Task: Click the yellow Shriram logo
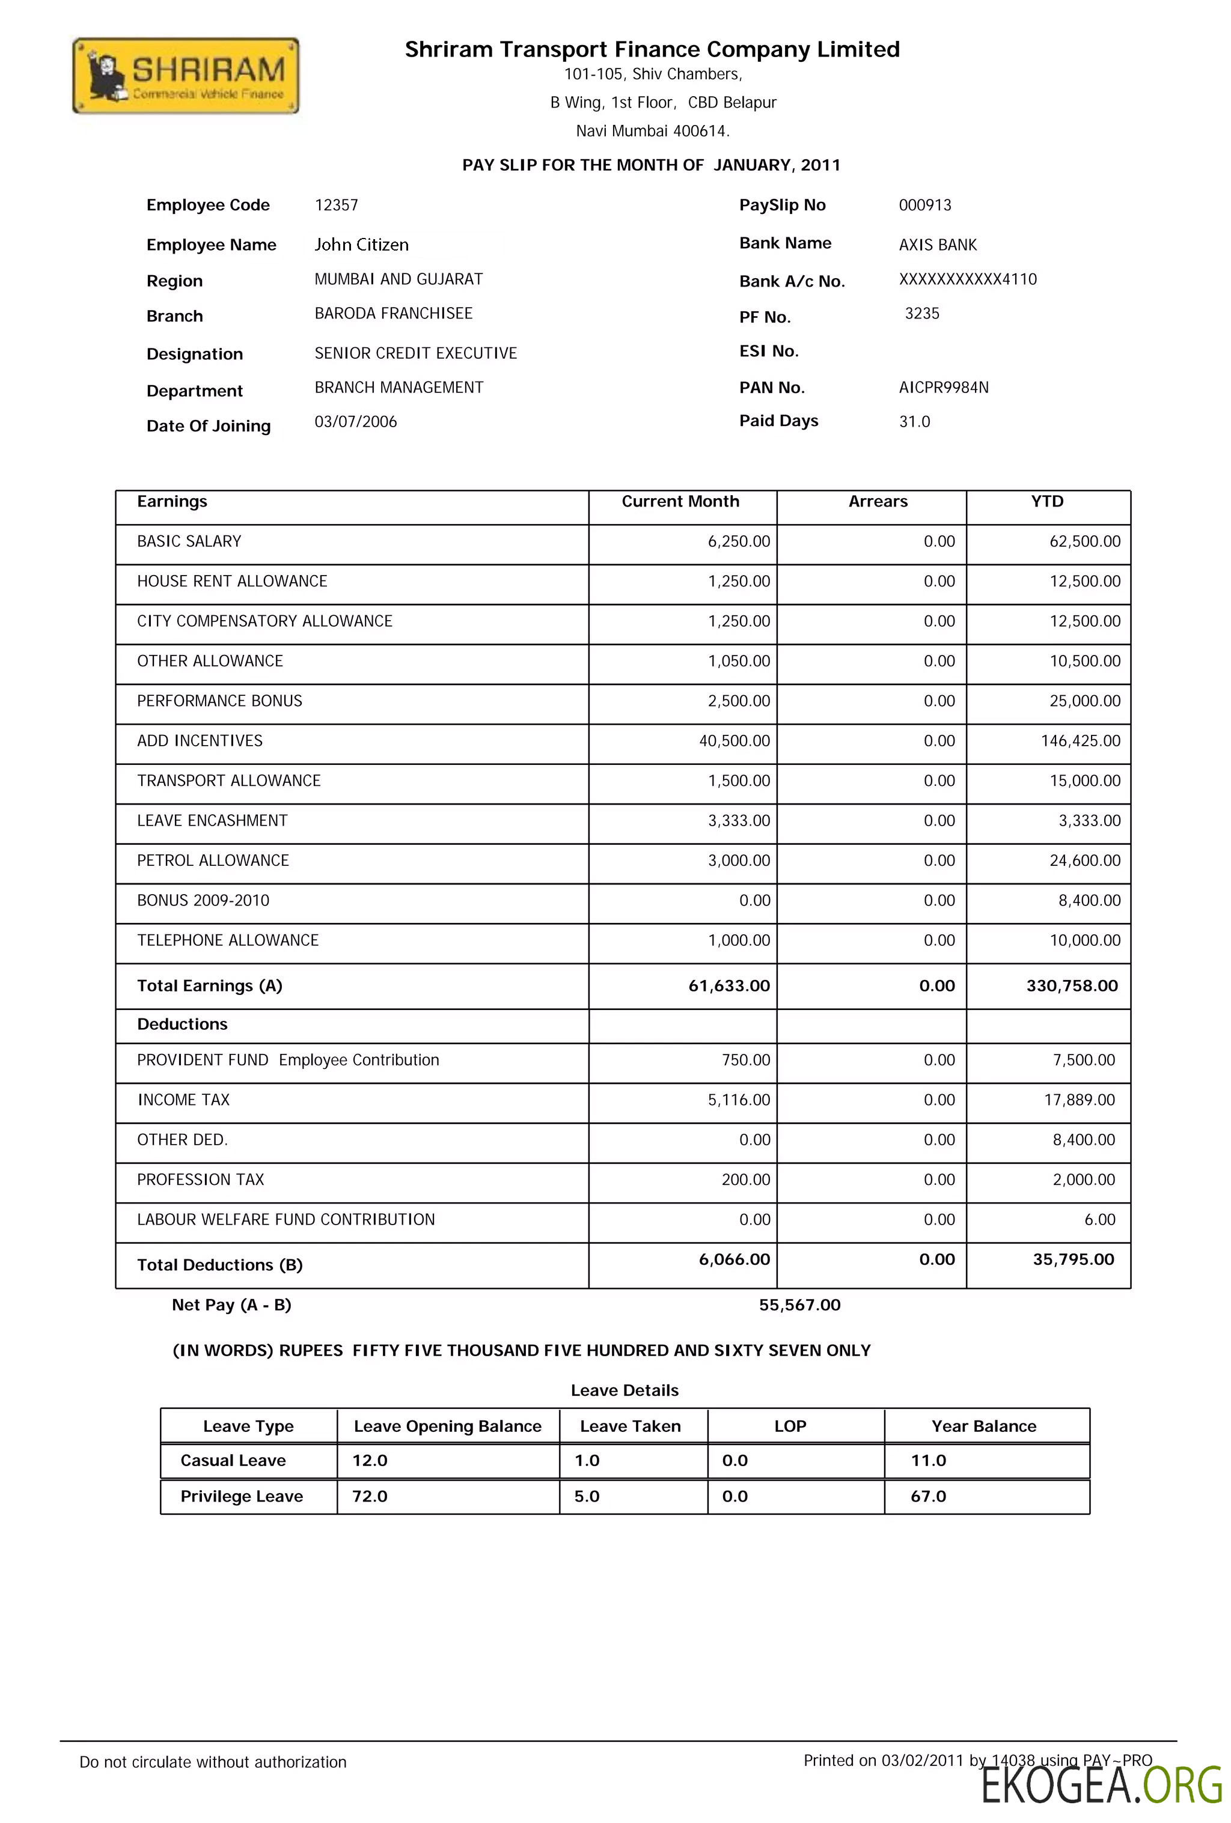point(185,76)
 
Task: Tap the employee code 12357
point(336,205)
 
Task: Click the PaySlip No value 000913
point(924,205)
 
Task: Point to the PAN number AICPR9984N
point(943,388)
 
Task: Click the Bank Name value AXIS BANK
point(938,245)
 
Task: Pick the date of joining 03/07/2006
point(355,422)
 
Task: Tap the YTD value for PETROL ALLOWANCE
point(1084,860)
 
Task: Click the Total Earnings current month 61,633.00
point(729,986)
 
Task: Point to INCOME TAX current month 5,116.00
point(738,1100)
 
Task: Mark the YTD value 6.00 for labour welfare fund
point(1099,1220)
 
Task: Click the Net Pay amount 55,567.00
point(799,1305)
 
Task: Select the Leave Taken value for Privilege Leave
point(587,1497)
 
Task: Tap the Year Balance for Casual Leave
point(928,1461)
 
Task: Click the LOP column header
point(790,1426)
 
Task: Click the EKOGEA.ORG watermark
point(1101,1786)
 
